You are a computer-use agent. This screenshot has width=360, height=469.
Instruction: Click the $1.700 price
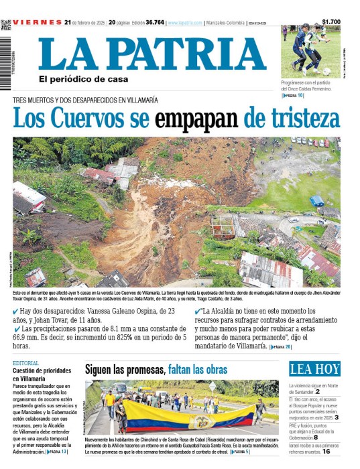(331, 22)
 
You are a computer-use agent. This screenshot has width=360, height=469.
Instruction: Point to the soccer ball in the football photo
(326, 71)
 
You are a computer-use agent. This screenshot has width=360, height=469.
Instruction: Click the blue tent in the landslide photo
(316, 200)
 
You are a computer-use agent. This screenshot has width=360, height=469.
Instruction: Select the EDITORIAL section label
(25, 362)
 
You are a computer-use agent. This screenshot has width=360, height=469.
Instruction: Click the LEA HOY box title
(314, 369)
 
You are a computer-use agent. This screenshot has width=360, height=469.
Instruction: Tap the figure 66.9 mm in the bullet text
(24, 338)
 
